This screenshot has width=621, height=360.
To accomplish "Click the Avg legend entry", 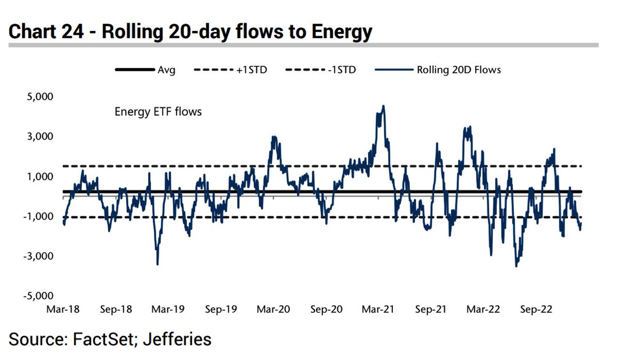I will [x=166, y=69].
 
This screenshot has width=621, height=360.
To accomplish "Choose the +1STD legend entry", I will [x=252, y=69].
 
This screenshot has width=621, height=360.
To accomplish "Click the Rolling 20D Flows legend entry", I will [x=459, y=69].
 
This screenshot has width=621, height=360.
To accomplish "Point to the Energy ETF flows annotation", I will [x=158, y=111].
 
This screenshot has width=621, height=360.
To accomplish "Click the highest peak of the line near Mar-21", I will [x=383, y=106].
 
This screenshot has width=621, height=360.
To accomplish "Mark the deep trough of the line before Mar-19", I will [x=157, y=264].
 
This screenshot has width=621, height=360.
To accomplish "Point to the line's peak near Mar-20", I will [x=274, y=137].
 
